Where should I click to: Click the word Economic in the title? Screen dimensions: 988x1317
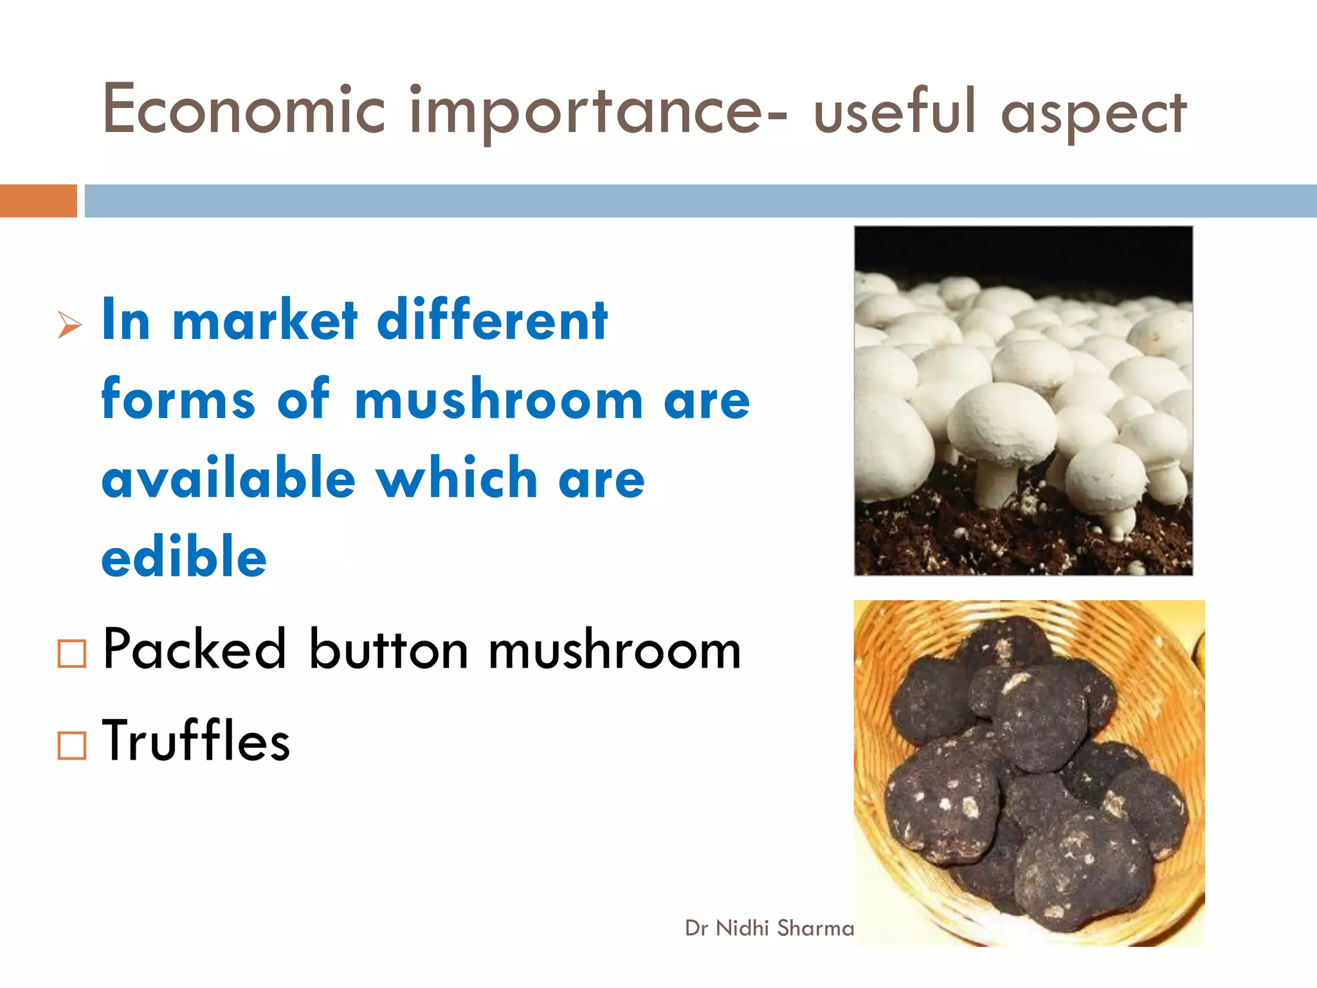click(243, 111)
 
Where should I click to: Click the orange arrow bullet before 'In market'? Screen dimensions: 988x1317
click(69, 324)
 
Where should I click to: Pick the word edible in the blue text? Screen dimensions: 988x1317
click(184, 556)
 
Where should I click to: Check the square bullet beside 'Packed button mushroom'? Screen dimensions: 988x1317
click(71, 654)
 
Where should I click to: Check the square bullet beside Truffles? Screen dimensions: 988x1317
click(71, 746)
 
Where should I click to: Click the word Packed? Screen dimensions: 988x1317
click(194, 650)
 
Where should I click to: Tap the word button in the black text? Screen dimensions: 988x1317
click(388, 650)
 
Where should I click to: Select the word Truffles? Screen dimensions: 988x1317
click(196, 741)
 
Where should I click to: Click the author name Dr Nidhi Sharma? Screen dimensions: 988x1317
click(769, 928)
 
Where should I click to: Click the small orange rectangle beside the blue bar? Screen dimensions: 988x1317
click(38, 201)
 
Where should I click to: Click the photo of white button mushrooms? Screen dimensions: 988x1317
click(1023, 400)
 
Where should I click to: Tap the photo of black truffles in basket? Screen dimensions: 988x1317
click(1029, 773)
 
